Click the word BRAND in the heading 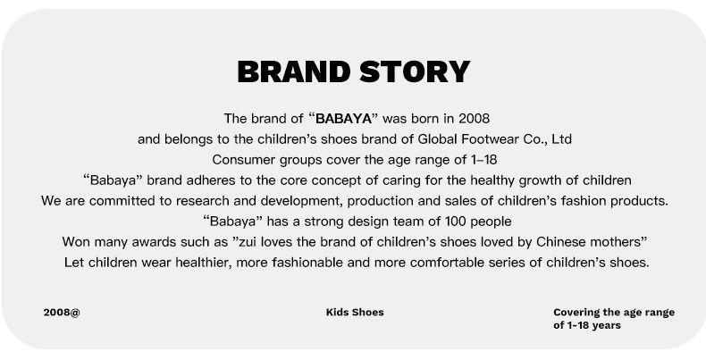pos(293,72)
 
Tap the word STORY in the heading pos(415,72)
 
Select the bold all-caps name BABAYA pos(344,119)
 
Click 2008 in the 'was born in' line pos(475,119)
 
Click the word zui pos(248,242)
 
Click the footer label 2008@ pos(62,313)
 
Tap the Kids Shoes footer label pos(355,313)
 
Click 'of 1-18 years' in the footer pos(587,325)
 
